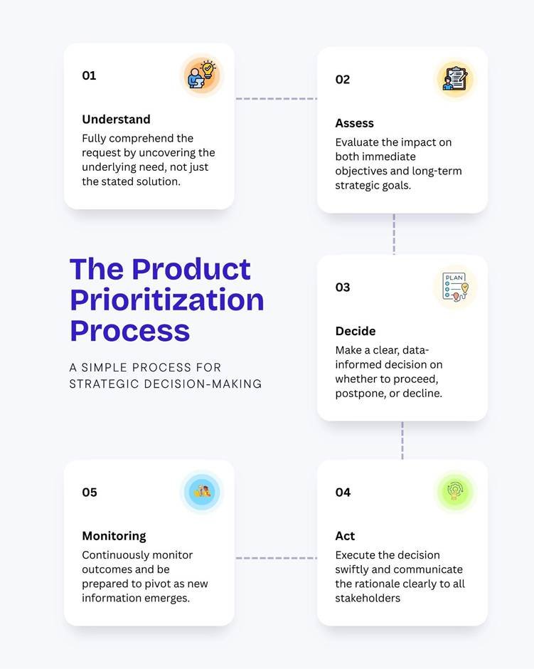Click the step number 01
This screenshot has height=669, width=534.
tap(89, 75)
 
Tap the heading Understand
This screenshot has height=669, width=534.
tap(116, 119)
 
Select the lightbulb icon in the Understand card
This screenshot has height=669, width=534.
tap(202, 75)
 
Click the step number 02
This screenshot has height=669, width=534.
tap(342, 80)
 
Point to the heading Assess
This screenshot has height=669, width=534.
tap(354, 123)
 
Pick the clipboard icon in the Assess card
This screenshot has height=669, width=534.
tap(455, 80)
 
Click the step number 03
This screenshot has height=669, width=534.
tap(342, 287)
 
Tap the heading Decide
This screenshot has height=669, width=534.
tap(356, 331)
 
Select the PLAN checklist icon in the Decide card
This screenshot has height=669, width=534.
tap(455, 287)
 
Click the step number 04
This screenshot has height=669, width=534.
tap(343, 492)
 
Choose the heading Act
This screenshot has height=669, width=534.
tap(345, 536)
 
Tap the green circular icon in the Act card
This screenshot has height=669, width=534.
tap(455, 492)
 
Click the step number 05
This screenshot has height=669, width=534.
tap(90, 492)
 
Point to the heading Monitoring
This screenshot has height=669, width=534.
tap(114, 536)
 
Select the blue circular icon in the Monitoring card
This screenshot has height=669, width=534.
tap(202, 492)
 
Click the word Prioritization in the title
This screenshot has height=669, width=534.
tap(167, 300)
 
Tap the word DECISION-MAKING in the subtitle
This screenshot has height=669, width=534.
tap(203, 384)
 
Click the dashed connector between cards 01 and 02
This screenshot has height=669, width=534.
tap(276, 98)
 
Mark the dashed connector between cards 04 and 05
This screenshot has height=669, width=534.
tap(276, 558)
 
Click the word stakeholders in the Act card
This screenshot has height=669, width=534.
tap(368, 598)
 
